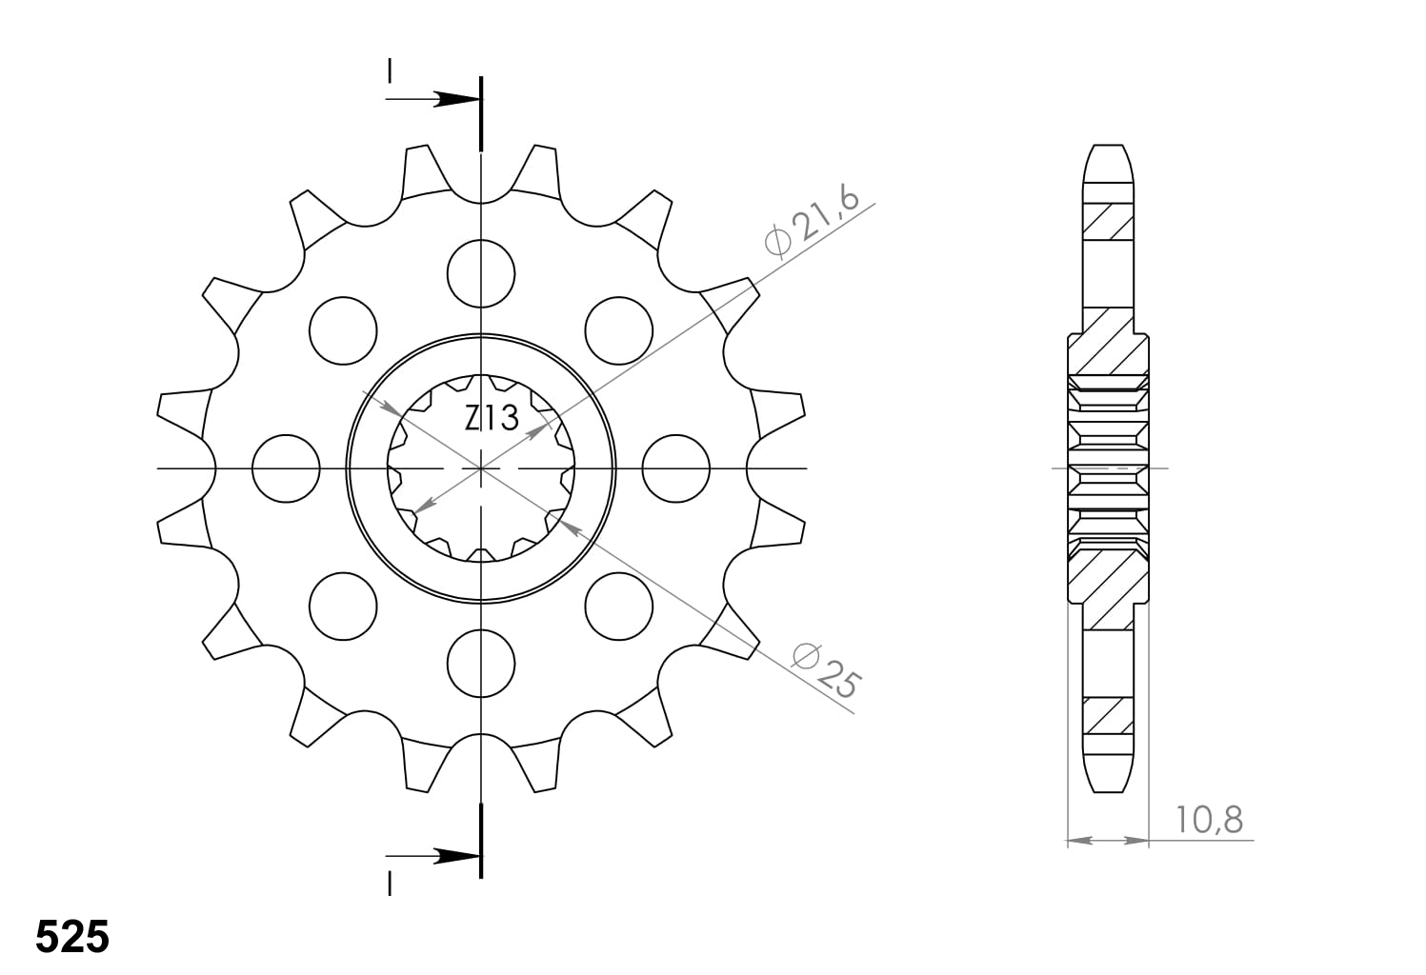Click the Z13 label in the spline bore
pyautogui.click(x=492, y=418)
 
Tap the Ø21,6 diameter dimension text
pyautogui.click(x=813, y=223)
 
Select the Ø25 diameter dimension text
pyautogui.click(x=826, y=671)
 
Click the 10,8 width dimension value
pyautogui.click(x=1209, y=820)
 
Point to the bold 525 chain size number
pyautogui.click(x=72, y=938)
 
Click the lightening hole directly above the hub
pyautogui.click(x=481, y=273)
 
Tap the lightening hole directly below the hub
pyautogui.click(x=481, y=664)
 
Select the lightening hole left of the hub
pyautogui.click(x=286, y=468)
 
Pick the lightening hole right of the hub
pyautogui.click(x=676, y=468)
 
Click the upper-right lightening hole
pyautogui.click(x=619, y=331)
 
